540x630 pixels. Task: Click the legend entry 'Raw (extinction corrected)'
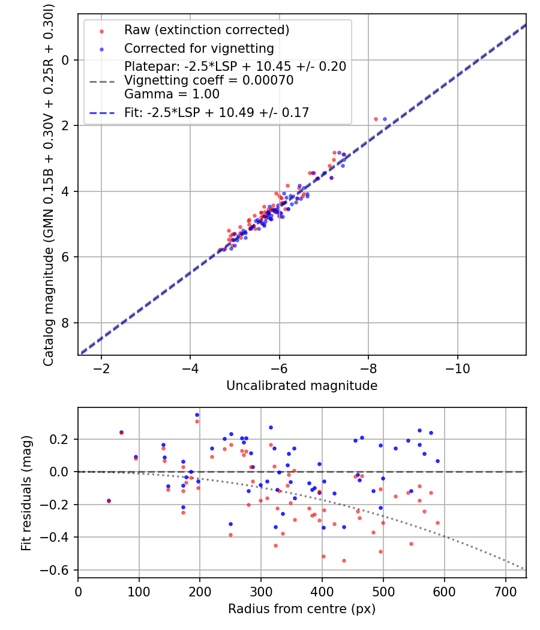point(206,30)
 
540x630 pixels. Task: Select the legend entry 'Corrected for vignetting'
point(199,49)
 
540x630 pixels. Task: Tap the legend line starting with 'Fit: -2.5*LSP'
point(217,112)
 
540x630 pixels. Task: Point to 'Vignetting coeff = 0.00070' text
point(209,80)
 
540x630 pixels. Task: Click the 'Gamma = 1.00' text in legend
point(172,94)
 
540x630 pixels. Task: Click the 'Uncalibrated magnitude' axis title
point(302,386)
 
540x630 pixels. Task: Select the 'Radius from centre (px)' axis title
point(302,609)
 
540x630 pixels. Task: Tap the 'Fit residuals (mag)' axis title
point(26,493)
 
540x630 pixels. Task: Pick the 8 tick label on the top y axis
point(67,323)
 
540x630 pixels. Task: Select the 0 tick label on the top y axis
point(67,59)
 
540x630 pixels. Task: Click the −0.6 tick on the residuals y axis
point(60,570)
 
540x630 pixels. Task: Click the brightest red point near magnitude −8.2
point(376,119)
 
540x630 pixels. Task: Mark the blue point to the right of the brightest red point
point(385,119)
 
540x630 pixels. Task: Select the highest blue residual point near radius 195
point(197,415)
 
